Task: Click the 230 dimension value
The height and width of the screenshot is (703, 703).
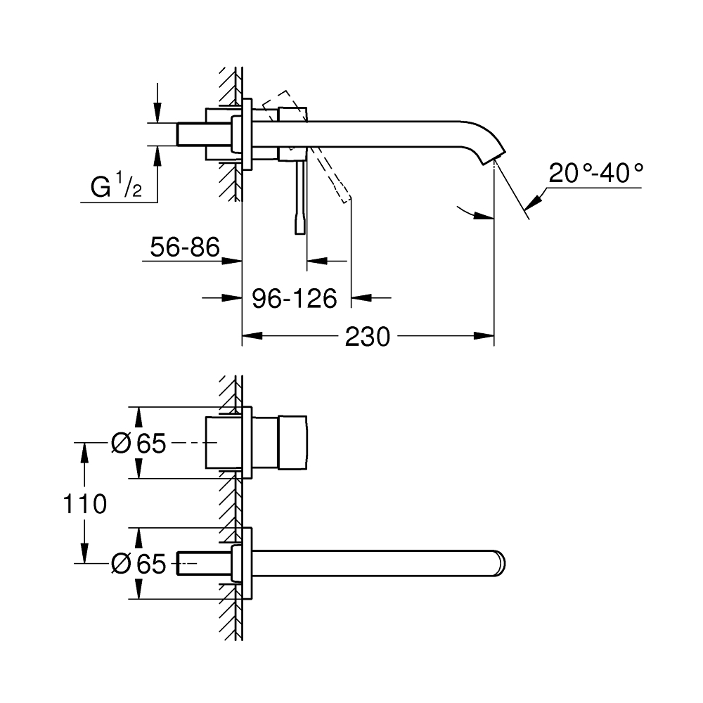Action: pyautogui.click(x=367, y=337)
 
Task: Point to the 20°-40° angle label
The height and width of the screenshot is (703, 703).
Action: pyautogui.click(x=595, y=173)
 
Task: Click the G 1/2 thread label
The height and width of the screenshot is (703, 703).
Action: pyautogui.click(x=117, y=188)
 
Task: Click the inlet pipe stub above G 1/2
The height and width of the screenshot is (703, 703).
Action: pyautogui.click(x=190, y=134)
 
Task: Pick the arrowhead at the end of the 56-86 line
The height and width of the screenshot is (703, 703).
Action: pyautogui.click(x=235, y=261)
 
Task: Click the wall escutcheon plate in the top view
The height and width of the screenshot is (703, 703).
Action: pyautogui.click(x=247, y=134)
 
